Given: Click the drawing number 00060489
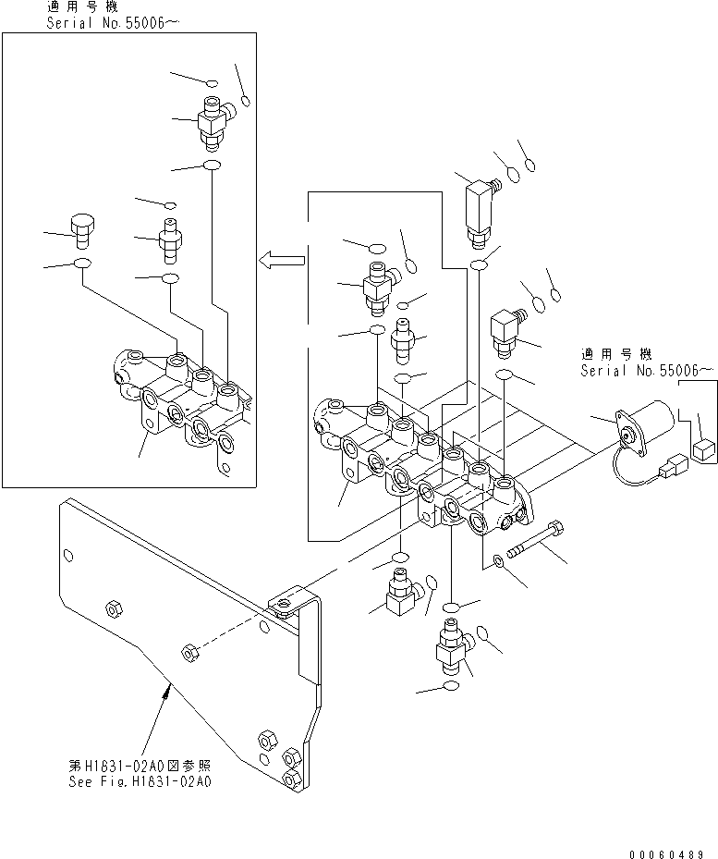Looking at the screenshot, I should (x=669, y=849).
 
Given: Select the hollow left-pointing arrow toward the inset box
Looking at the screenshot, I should (x=282, y=261).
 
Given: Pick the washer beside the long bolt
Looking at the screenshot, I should (x=498, y=561).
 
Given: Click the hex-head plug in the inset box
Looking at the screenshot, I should (x=81, y=227).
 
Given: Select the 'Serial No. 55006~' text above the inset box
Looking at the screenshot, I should (x=108, y=21).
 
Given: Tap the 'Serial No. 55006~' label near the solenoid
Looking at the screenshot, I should (x=647, y=370).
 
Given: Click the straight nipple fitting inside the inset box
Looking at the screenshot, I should (x=170, y=239).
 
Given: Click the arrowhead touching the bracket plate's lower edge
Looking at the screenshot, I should (x=167, y=685).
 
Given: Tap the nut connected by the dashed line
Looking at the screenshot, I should (x=188, y=651).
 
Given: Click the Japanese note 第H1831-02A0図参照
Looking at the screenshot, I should (x=139, y=766).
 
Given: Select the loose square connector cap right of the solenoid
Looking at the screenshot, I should (x=704, y=450).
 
